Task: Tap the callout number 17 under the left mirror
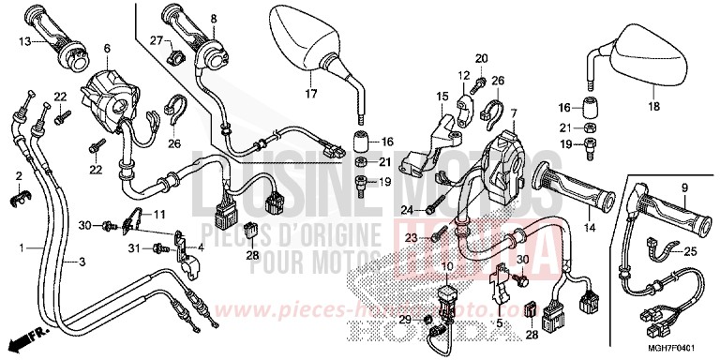(x=311, y=93)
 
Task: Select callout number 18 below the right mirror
(x=655, y=108)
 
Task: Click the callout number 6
(x=106, y=49)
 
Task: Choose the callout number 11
(x=158, y=213)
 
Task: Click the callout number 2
(x=18, y=176)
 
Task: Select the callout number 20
(x=482, y=58)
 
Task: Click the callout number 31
(x=135, y=247)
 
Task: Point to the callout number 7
(x=513, y=112)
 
